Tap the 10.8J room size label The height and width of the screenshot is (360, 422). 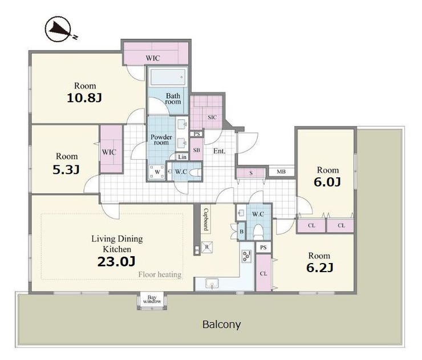click(x=84, y=98)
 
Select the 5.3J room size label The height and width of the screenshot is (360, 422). click(x=66, y=169)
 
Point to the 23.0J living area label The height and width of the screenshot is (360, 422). click(x=116, y=261)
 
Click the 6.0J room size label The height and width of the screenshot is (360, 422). click(x=327, y=182)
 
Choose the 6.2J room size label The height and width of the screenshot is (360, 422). click(x=320, y=268)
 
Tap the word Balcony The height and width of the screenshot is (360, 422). click(x=221, y=325)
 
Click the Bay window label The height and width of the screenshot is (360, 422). click(x=152, y=300)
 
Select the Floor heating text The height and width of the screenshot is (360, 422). click(x=160, y=274)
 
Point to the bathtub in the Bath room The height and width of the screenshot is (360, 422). click(x=168, y=77)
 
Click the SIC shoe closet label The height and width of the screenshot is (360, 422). click(x=212, y=118)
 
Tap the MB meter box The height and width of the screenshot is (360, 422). click(x=281, y=172)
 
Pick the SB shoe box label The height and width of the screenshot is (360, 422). click(x=197, y=149)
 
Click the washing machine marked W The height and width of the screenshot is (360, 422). click(x=157, y=172)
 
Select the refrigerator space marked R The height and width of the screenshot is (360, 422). click(x=207, y=247)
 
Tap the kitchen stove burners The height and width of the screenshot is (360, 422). click(x=246, y=256)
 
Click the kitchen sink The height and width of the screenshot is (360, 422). click(x=212, y=284)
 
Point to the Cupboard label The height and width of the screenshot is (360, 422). click(x=206, y=219)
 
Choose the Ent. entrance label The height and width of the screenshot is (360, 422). click(x=220, y=151)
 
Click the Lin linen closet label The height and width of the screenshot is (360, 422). click(x=182, y=157)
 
